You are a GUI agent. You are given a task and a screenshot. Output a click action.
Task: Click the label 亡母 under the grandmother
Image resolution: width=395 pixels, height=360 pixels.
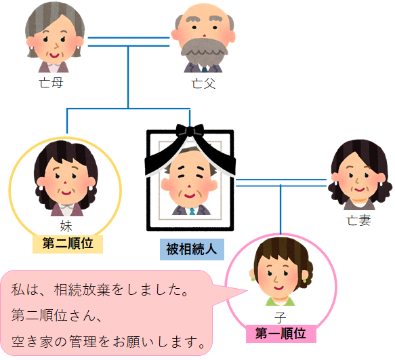click(51, 83)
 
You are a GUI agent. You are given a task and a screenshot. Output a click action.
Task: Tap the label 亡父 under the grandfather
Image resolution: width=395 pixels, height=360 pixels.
click(203, 83)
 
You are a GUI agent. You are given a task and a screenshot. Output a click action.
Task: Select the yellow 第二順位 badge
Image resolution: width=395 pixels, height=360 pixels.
click(68, 244)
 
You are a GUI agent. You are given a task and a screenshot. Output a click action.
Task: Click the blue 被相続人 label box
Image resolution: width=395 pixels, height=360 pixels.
click(192, 249)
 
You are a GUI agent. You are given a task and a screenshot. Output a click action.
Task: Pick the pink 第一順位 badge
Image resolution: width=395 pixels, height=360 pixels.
click(281, 334)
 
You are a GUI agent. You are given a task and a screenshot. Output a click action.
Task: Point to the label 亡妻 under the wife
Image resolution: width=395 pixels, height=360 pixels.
click(358, 220)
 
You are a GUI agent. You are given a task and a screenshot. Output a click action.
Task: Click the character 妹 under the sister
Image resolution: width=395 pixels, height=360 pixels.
click(66, 226)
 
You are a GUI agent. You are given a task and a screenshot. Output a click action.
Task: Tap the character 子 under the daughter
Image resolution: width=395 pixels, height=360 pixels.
click(280, 317)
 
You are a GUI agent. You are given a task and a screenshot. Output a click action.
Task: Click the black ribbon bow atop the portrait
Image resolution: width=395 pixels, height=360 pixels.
click(190, 130)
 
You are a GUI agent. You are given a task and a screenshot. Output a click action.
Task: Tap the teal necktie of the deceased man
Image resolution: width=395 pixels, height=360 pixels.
click(192, 212)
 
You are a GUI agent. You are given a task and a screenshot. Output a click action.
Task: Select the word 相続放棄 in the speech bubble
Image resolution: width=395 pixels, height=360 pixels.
click(82, 289)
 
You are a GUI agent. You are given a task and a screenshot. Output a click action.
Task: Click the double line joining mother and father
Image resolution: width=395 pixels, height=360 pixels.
click(129, 42)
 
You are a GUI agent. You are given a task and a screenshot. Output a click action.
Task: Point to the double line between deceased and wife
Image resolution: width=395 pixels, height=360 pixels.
click(281, 183)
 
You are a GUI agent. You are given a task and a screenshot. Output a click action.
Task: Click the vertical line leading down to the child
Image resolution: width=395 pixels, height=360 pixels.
click(280, 209)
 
